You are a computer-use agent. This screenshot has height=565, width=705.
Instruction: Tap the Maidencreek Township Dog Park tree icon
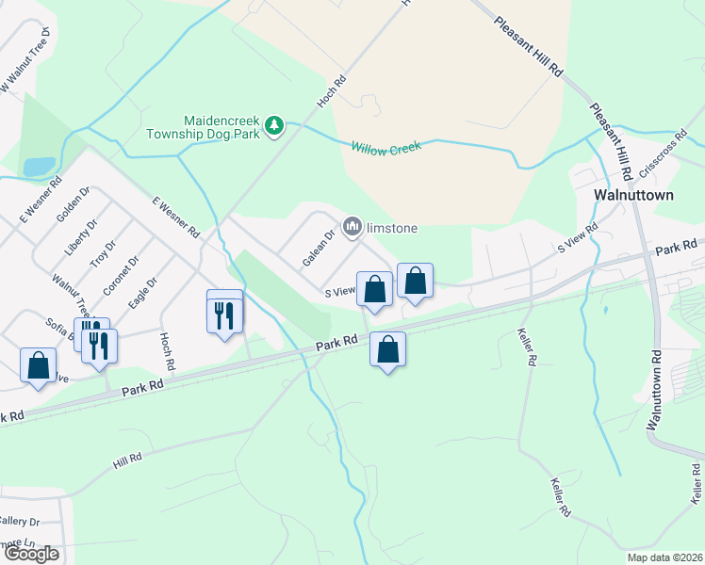pyautogui.click(x=274, y=125)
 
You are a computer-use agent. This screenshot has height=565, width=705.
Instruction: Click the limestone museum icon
pyautogui.click(x=353, y=226)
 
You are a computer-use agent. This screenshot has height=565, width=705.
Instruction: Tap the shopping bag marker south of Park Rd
pyautogui.click(x=387, y=350)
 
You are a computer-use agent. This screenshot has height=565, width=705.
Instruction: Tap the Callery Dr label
pyautogui.click(x=21, y=521)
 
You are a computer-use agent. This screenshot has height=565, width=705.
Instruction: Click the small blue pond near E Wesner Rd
pyautogui.click(x=40, y=167)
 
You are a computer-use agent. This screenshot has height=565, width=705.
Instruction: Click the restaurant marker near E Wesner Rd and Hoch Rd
pyautogui.click(x=224, y=312)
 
